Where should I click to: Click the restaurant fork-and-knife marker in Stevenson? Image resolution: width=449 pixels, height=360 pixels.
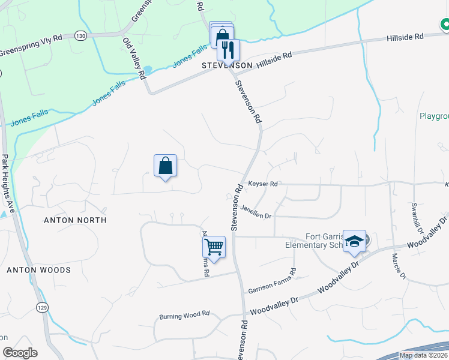[x=228, y=49]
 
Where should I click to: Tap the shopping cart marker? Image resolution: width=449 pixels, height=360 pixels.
[x=214, y=246]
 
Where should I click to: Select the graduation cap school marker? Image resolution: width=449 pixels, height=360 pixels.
[x=355, y=242]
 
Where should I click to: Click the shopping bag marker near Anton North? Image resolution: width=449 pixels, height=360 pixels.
[x=166, y=166]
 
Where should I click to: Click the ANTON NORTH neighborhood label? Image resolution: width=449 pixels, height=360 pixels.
[x=75, y=220]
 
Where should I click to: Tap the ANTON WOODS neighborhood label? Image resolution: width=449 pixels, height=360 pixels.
[x=38, y=270]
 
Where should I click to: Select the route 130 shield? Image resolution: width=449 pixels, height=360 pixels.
[x=80, y=36]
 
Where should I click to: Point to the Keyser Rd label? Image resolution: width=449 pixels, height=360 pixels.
[x=262, y=184]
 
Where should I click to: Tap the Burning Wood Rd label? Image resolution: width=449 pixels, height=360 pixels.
[x=184, y=315]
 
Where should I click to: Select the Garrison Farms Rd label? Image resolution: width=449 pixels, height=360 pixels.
[x=272, y=281]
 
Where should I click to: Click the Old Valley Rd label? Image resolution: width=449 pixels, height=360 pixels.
[x=134, y=58]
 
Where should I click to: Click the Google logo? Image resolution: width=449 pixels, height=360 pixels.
[x=20, y=353]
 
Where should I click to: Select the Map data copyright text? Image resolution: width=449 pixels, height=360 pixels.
[x=423, y=355]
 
